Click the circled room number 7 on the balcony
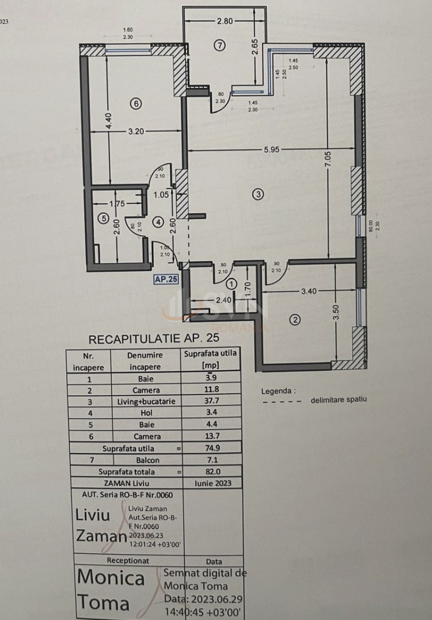pos(220,46)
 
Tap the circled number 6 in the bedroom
pos(135,103)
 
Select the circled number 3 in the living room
pos(257,194)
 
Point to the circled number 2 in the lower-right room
pos(295,319)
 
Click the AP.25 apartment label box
pos(166,280)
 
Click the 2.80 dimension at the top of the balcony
pos(225,21)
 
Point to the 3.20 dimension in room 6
pos(136,132)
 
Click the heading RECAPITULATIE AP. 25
pos(154,338)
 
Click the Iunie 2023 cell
pos(214,483)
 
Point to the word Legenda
pos(278,391)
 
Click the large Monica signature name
pos(111,578)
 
